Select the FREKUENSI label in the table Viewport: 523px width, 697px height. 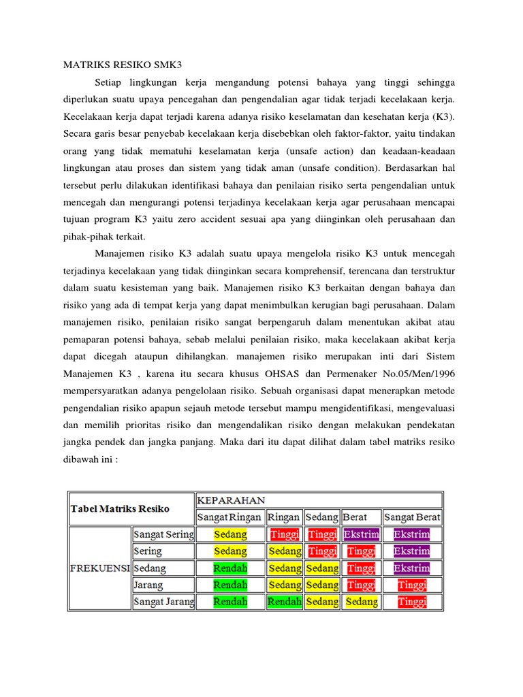point(99,568)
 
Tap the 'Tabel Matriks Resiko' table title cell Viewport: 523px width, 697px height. point(120,508)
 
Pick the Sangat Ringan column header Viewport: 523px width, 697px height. point(229,517)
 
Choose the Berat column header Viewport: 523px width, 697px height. point(355,517)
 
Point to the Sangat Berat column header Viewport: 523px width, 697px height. point(412,517)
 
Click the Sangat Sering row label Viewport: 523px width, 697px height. point(163,534)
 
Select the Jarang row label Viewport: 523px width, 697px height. point(149,585)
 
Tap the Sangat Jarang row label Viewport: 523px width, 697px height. point(163,602)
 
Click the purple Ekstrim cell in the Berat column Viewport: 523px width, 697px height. point(362,534)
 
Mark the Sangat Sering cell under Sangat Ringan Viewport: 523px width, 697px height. point(230,534)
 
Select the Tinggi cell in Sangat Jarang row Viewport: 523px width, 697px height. point(412,602)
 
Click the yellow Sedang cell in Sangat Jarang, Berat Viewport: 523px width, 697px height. point(362,602)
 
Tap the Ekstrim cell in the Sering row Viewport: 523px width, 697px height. point(412,551)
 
